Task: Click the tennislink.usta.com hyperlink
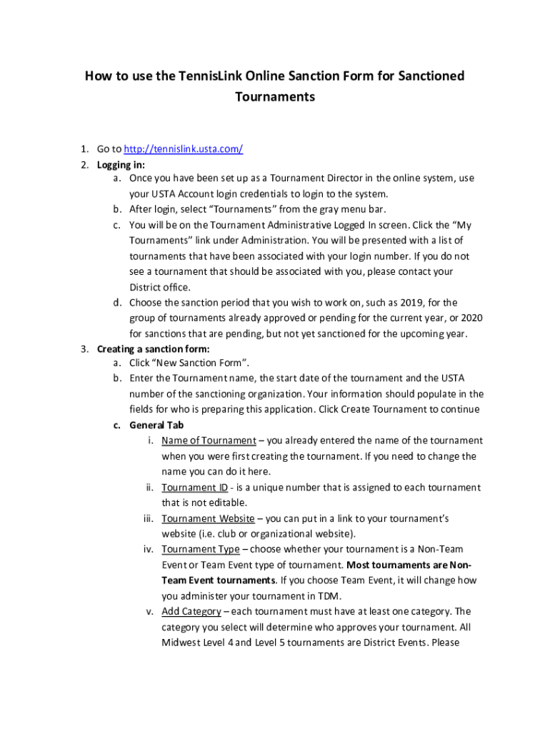[x=184, y=148]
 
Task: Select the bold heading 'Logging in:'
[x=121, y=164]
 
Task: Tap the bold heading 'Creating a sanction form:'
[x=154, y=349]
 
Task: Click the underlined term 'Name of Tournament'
[x=209, y=440]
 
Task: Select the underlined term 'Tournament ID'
[x=194, y=487]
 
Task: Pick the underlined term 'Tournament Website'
[x=208, y=518]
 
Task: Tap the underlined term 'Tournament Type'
[x=201, y=549]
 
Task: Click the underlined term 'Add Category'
[x=191, y=611]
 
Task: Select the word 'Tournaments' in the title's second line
[x=275, y=96]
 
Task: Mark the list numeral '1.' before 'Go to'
[x=84, y=148]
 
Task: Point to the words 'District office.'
[x=160, y=287]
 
